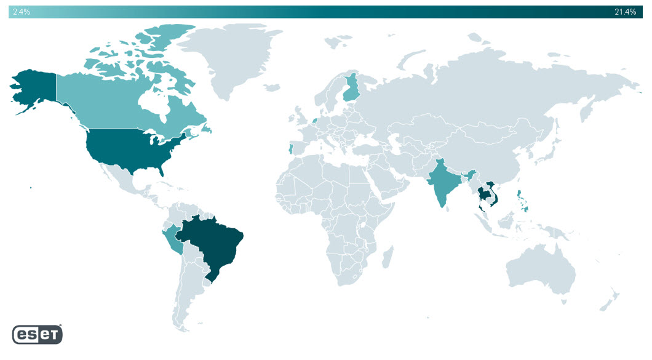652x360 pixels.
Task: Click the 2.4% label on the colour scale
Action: click(22, 12)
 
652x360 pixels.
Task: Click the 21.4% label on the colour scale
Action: click(625, 12)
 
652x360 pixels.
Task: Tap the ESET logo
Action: click(37, 334)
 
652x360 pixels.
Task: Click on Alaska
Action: click(34, 89)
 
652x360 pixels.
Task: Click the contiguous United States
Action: click(129, 148)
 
